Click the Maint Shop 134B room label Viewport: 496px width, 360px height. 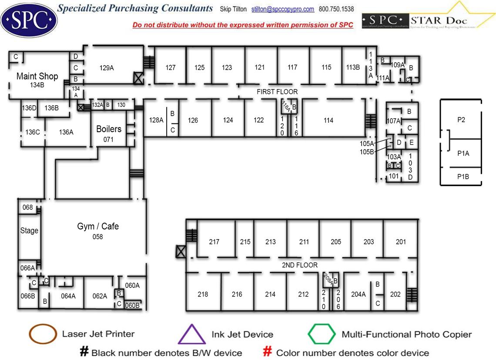point(37,80)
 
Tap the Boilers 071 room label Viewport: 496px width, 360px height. point(108,133)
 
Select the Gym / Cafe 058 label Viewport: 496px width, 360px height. point(98,230)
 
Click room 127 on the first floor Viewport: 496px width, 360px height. point(171,67)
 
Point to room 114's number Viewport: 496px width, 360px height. point(328,120)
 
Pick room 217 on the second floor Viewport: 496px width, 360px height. point(214,242)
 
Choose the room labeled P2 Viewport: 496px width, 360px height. point(462,120)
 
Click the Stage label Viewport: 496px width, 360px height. point(29,231)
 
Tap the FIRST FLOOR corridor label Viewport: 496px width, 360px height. point(277,92)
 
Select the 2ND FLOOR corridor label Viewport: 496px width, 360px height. point(300,265)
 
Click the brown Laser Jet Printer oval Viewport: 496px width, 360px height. point(43,334)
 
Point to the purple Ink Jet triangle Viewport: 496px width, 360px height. point(192,334)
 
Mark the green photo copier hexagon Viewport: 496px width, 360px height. point(322,334)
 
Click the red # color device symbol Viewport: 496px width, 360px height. point(268,352)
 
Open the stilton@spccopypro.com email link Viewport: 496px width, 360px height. point(283,9)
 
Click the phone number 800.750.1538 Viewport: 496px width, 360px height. point(336,9)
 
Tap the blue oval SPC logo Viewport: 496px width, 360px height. point(29,19)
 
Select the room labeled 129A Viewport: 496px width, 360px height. point(107,68)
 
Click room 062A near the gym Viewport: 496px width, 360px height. point(100,296)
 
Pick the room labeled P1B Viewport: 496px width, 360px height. point(463,177)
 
